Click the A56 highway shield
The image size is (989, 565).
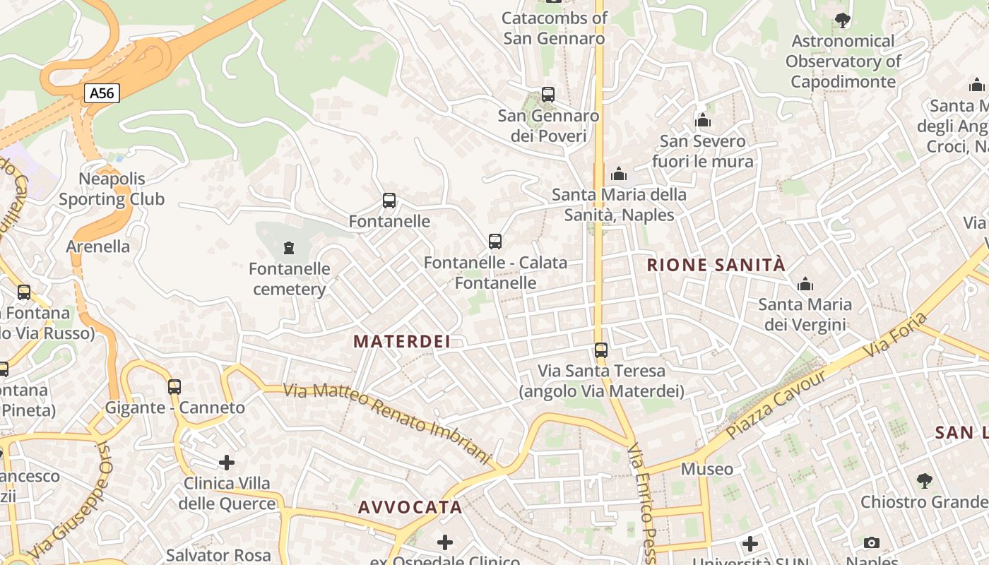click(x=102, y=93)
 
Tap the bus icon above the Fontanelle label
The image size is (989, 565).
click(x=389, y=201)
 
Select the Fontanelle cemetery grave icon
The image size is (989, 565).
click(x=288, y=248)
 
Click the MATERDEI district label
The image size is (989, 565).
click(x=402, y=342)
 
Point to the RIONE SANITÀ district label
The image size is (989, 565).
click(x=716, y=265)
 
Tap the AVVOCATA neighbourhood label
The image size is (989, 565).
click(x=410, y=507)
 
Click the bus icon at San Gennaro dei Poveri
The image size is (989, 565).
click(x=547, y=94)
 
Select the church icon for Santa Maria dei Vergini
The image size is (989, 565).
click(x=805, y=285)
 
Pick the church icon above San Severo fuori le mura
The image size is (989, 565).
click(x=702, y=121)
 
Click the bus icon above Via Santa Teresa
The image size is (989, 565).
click(x=601, y=350)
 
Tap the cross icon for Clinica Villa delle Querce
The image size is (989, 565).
click(x=227, y=463)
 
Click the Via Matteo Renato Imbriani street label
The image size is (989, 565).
click(x=386, y=424)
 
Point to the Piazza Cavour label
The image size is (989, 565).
click(x=776, y=404)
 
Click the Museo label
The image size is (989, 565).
click(x=707, y=469)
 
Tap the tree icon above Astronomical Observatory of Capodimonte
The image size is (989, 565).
click(x=842, y=20)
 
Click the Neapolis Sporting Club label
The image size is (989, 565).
click(x=112, y=189)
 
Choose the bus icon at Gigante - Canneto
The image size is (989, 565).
click(x=174, y=386)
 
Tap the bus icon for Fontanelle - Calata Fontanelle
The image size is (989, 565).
click(x=495, y=242)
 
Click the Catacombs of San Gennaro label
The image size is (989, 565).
click(x=555, y=28)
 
